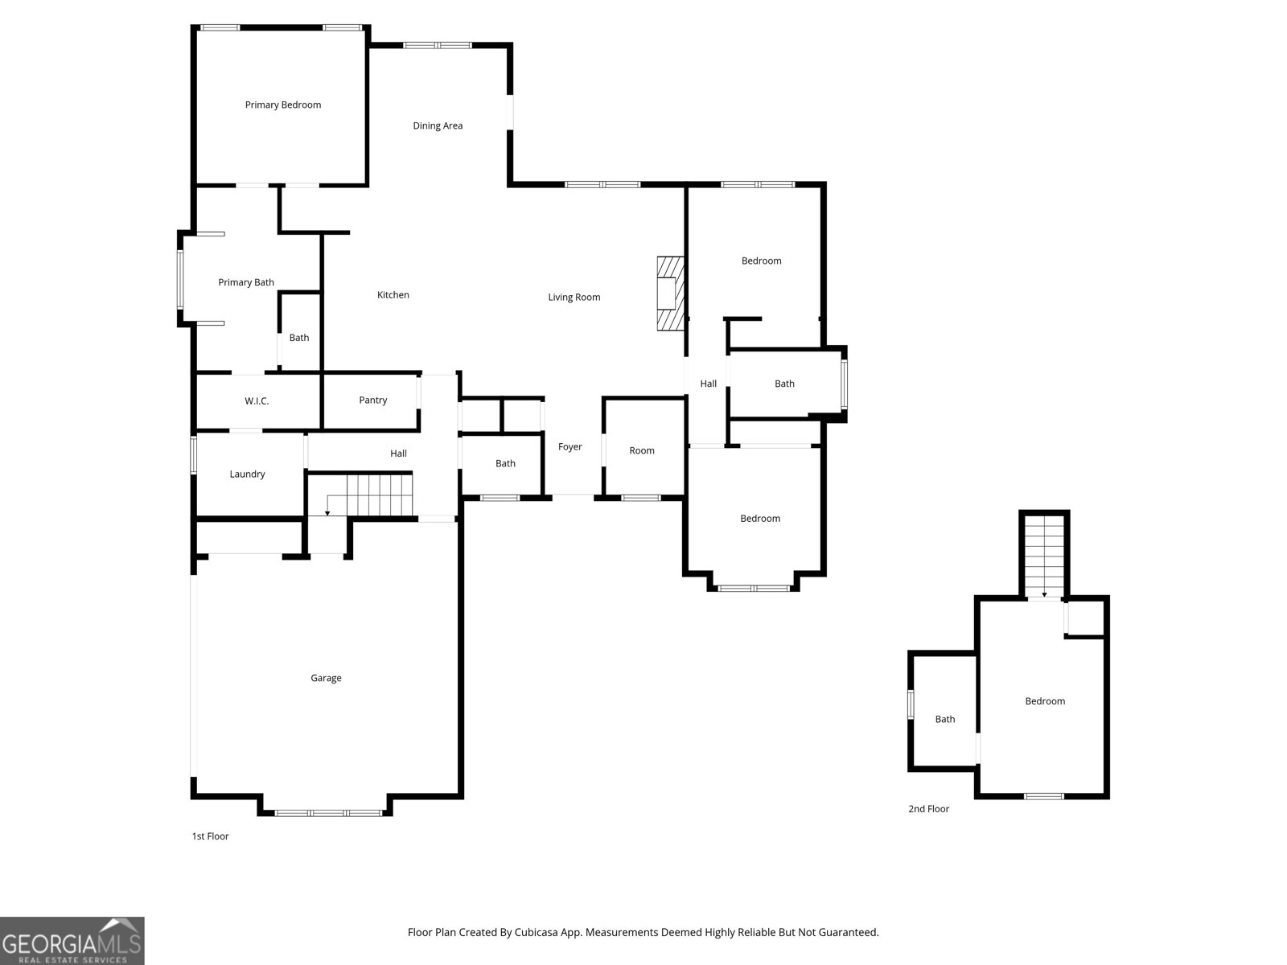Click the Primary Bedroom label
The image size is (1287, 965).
(x=282, y=105)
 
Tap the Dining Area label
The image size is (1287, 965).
(x=438, y=126)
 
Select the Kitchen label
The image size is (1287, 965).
(x=393, y=294)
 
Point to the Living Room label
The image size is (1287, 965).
(x=574, y=297)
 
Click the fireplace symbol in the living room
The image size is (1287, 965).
(x=670, y=294)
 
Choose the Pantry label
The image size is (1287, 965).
(x=373, y=400)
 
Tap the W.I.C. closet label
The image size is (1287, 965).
(x=257, y=400)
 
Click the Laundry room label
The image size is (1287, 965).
(x=247, y=474)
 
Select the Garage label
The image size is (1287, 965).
(x=326, y=678)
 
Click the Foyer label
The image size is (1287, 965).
(x=570, y=447)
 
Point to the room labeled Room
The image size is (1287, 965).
(x=641, y=450)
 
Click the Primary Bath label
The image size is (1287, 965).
(x=245, y=282)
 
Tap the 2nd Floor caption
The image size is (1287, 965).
(x=928, y=808)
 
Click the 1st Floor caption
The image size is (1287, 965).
(x=210, y=836)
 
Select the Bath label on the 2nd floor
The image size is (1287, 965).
(x=944, y=719)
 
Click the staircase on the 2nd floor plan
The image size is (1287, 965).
(x=1044, y=556)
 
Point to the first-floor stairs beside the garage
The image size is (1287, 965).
(x=368, y=495)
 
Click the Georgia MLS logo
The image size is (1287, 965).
(x=72, y=940)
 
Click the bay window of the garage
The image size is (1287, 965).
(x=328, y=813)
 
